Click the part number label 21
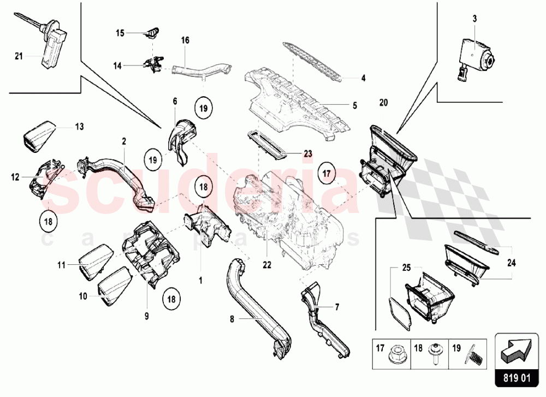click(19, 56)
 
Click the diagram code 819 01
click(517, 378)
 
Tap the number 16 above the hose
click(185, 40)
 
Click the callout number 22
click(267, 265)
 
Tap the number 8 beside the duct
click(232, 319)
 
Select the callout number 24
click(511, 263)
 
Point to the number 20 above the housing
click(383, 103)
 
